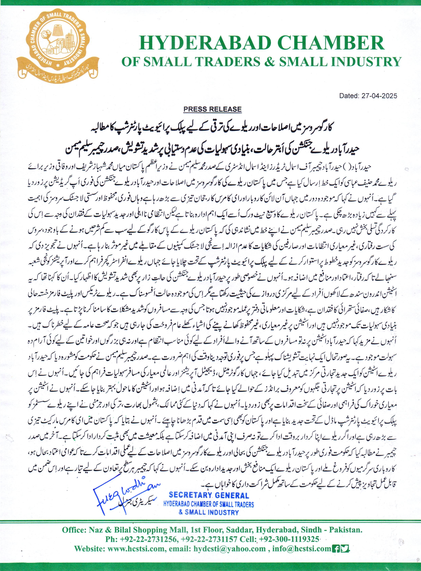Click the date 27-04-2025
point(379,96)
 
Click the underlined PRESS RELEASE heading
point(213,109)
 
